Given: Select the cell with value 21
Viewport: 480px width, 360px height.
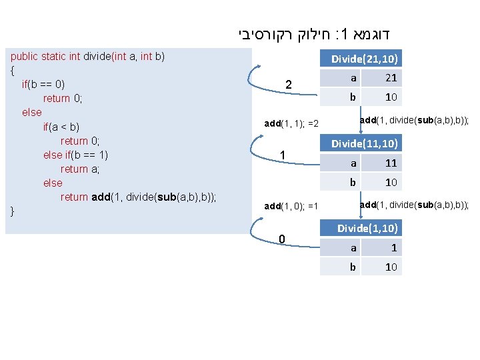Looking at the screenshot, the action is point(391,78).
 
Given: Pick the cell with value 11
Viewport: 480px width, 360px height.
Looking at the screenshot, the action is point(391,163).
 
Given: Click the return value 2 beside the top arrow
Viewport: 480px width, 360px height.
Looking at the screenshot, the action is point(288,85).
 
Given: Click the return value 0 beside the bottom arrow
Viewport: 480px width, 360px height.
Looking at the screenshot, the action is point(283,239).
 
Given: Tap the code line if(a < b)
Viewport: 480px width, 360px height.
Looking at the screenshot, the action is point(61,127).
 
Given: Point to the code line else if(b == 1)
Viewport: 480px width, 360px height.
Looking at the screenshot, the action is point(75,155).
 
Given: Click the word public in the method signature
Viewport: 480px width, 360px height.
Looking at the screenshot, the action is point(25,56).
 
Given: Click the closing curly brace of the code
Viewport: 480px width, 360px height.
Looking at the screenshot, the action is point(13,211).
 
